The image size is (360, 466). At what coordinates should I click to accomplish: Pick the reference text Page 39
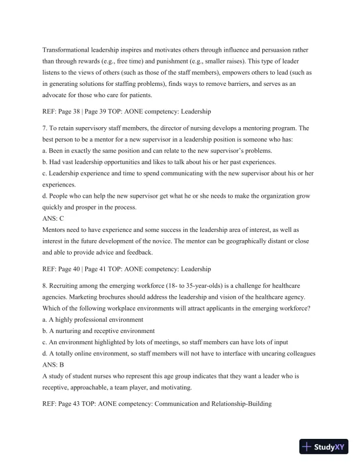pos(104,110)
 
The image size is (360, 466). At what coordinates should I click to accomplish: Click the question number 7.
pos(45,128)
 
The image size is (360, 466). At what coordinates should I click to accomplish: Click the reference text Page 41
pos(104,269)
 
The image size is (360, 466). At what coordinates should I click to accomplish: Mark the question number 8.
pos(45,286)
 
